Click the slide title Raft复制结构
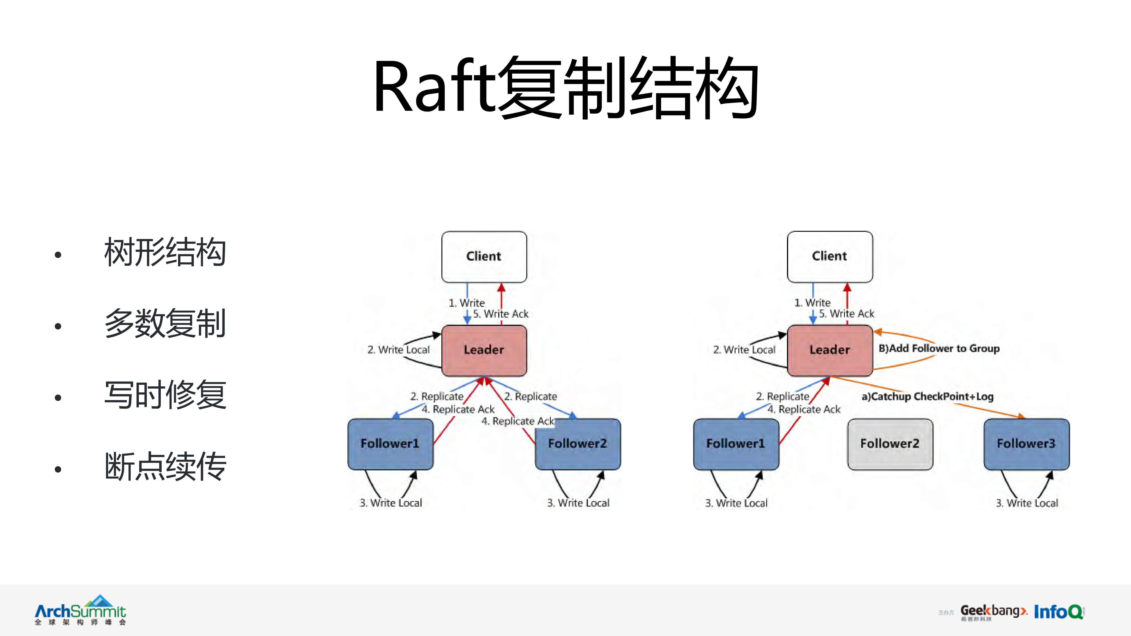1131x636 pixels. click(566, 88)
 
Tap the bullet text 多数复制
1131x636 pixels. click(165, 323)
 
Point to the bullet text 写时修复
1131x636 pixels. click(165, 395)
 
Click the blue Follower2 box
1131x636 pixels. click(577, 444)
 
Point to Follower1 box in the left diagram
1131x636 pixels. click(390, 444)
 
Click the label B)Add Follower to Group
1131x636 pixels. click(939, 349)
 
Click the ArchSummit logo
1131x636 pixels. click(80, 610)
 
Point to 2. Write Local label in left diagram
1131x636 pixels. click(398, 350)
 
